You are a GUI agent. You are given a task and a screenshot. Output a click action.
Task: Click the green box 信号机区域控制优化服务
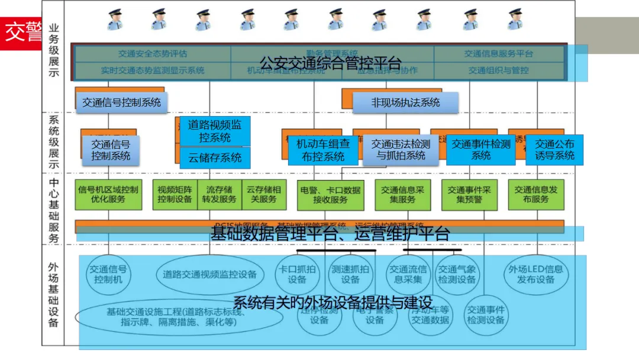click(x=108, y=195)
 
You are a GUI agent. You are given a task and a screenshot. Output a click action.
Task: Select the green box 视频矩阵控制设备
click(x=175, y=195)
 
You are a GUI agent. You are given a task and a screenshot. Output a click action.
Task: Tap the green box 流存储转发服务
click(x=219, y=195)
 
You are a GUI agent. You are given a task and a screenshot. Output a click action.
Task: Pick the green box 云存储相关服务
click(x=263, y=195)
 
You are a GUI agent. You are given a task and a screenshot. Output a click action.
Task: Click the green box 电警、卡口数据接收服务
click(x=330, y=195)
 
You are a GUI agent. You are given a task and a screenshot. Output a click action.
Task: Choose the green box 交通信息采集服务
click(x=402, y=195)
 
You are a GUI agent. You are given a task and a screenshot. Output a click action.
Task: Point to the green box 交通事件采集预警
click(x=469, y=195)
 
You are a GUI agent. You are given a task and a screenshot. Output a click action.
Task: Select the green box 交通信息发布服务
click(x=535, y=195)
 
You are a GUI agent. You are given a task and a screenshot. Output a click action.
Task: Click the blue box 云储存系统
click(x=215, y=158)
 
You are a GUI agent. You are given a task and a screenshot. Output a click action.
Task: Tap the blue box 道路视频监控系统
click(x=215, y=131)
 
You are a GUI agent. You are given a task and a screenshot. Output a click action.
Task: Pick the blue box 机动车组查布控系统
click(x=323, y=150)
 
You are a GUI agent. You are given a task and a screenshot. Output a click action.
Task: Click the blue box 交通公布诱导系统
click(x=554, y=150)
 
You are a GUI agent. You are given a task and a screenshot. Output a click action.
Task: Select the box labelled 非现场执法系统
click(x=405, y=102)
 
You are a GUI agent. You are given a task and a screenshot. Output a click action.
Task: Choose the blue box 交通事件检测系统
click(x=480, y=150)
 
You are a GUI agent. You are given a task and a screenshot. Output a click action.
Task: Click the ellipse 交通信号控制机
click(x=108, y=274)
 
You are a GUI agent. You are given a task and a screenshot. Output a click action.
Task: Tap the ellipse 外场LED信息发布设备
click(x=537, y=274)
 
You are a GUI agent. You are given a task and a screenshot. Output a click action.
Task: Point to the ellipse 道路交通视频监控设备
click(x=210, y=274)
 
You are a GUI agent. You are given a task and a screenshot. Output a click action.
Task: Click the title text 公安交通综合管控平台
click(x=331, y=63)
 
